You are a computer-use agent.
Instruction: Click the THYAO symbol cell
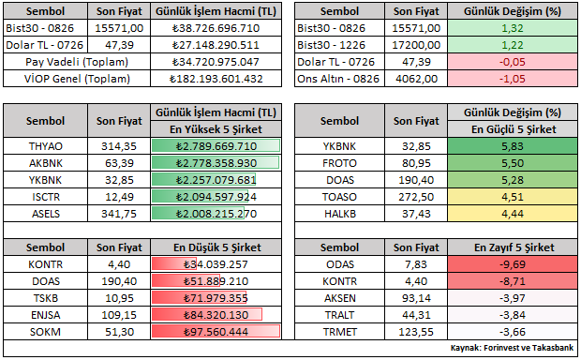46,146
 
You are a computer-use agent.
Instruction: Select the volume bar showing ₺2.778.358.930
216,163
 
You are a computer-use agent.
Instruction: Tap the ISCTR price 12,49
119,197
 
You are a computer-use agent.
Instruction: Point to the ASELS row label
46,214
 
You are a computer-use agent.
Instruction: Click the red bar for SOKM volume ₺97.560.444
216,332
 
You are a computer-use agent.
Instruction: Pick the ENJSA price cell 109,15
119,315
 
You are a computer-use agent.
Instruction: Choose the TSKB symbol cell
46,298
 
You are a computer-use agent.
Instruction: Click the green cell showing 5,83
513,146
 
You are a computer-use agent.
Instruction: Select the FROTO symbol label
339,163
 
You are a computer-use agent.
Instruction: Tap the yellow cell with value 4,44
513,214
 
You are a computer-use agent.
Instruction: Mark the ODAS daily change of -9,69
513,264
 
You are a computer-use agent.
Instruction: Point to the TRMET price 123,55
416,332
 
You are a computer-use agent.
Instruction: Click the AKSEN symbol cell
340,298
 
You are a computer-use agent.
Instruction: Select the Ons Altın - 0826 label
338,79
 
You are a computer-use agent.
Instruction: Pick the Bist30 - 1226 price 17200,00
416,45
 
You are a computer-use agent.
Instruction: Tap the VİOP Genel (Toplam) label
77,79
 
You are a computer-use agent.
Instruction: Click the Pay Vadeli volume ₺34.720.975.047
216,62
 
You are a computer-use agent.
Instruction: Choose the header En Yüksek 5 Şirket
216,129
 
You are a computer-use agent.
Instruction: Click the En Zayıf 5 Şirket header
514,247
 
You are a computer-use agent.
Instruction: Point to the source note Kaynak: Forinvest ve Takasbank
512,348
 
